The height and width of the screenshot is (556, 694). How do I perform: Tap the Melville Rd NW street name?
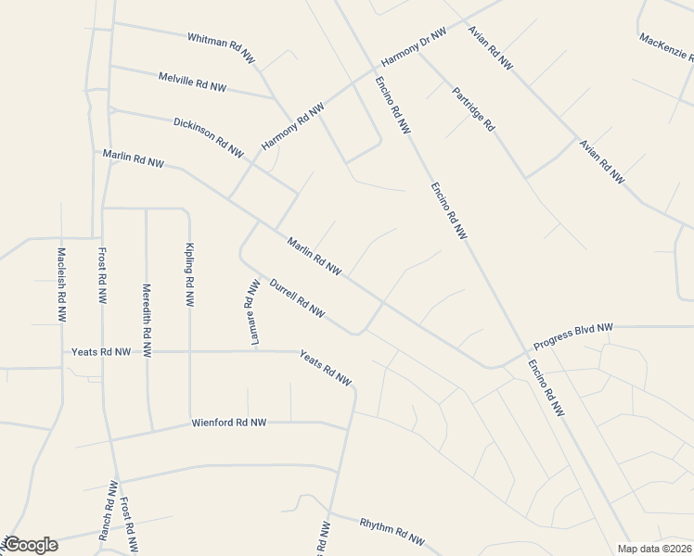(192, 82)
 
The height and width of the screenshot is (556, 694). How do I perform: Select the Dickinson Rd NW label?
(209, 136)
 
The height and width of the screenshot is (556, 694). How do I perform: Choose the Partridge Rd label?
(473, 108)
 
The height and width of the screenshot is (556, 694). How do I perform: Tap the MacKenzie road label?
(666, 52)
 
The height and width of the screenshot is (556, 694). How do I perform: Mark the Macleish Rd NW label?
(61, 277)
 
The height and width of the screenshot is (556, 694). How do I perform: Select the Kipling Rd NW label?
(189, 275)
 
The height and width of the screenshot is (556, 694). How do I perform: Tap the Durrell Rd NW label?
(296, 299)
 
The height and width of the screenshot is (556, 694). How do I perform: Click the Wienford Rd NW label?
(229, 423)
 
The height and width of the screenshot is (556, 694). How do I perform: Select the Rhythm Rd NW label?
(392, 532)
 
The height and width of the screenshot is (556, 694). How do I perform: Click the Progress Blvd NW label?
(574, 335)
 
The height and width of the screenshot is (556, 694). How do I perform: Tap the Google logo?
(31, 545)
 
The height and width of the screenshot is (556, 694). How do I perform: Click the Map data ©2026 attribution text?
(654, 549)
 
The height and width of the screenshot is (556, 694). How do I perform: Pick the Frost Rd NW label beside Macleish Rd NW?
(101, 276)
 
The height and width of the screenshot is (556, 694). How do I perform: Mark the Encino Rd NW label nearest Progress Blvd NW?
(548, 387)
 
